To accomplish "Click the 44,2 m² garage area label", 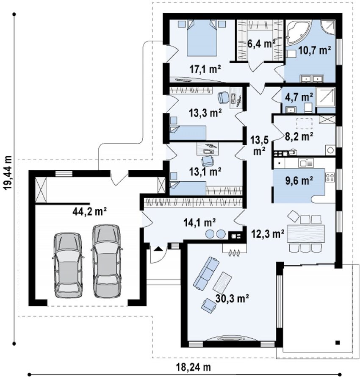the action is point(90,211).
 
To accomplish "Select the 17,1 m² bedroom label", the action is point(205,69).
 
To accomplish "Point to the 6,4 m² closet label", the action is point(261,44).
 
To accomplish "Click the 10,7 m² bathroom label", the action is point(315,50).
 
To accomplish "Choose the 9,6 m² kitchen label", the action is point(299,180).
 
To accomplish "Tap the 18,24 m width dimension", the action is point(194,367).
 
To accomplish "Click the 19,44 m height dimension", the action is point(8,173).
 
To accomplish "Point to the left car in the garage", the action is point(68,266).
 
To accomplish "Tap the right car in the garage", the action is point(107,261).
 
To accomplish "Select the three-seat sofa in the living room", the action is point(206,273).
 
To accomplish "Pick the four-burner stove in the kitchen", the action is point(330,177).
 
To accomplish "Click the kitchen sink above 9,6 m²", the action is point(306,163).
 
